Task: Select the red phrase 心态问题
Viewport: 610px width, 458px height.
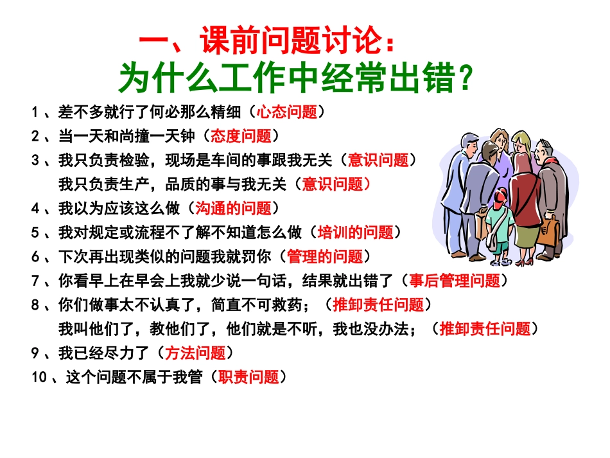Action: (287, 112)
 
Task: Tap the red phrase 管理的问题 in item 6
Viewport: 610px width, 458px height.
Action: (325, 256)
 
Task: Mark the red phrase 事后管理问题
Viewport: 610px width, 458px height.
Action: (455, 281)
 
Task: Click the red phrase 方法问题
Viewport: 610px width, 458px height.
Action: (195, 353)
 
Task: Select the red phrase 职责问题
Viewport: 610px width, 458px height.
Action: (248, 377)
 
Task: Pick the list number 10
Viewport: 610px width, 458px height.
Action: (39, 378)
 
